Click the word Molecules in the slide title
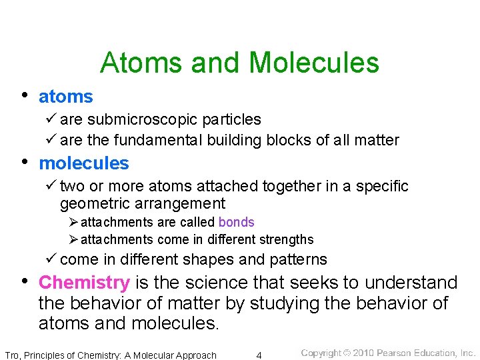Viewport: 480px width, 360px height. pyautogui.click(x=313, y=63)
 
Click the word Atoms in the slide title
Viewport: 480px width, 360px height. pyautogui.click(x=141, y=63)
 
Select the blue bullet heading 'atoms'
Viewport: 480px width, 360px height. pyautogui.click(x=66, y=97)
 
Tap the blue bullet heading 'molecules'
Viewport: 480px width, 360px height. pyautogui.click(x=84, y=163)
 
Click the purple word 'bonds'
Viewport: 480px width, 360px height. pyautogui.click(x=236, y=222)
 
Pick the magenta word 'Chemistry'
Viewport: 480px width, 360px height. pyautogui.click(x=84, y=283)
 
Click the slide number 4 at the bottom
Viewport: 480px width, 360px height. pyautogui.click(x=259, y=355)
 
